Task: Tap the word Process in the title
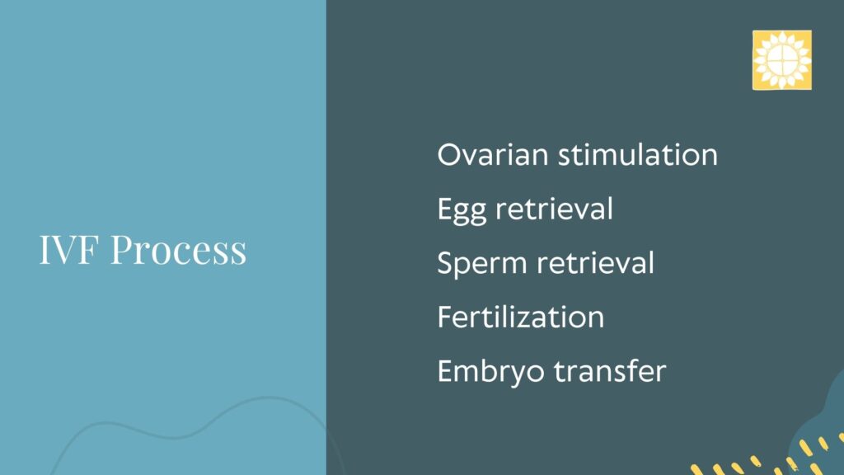tap(178, 249)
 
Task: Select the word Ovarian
tap(493, 155)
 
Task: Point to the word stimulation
tap(638, 155)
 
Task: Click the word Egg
tap(462, 210)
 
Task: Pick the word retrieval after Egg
tap(554, 209)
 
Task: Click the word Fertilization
tap(521, 317)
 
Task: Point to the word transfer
tap(610, 370)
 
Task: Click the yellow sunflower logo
tap(781, 59)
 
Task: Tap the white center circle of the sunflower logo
tap(781, 60)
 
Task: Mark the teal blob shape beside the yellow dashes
tap(821, 426)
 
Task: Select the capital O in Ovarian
tap(449, 156)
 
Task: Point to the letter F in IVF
tap(89, 249)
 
